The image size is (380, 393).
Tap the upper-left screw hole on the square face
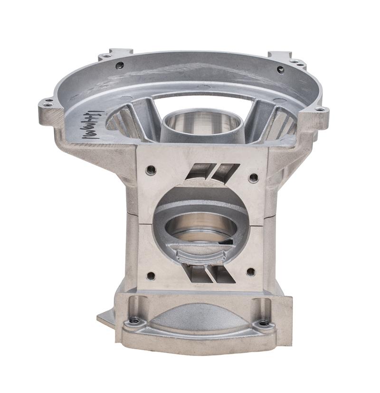coord(151,170)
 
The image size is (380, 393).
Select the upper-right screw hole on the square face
coord(254,177)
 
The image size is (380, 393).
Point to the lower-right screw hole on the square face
coord(250,272)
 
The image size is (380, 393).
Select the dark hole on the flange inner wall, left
coord(120,65)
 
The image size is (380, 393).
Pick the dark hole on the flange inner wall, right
coord(280,69)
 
